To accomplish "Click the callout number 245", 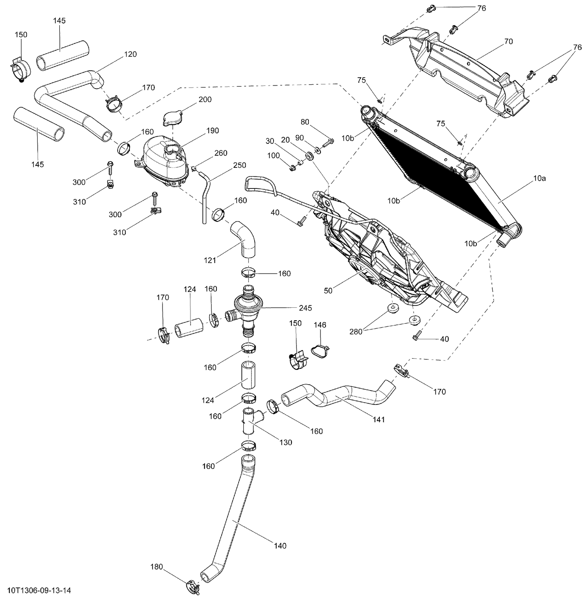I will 305,308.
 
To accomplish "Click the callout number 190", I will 213,131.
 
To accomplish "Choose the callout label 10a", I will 539,178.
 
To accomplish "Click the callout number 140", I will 280,546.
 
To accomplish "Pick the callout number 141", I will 379,419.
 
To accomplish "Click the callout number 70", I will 508,41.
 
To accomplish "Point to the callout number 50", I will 328,290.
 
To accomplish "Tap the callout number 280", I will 356,331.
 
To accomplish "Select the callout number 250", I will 239,165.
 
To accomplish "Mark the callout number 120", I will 130,54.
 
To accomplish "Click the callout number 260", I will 220,153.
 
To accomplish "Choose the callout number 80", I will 305,122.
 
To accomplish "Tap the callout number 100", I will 274,155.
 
